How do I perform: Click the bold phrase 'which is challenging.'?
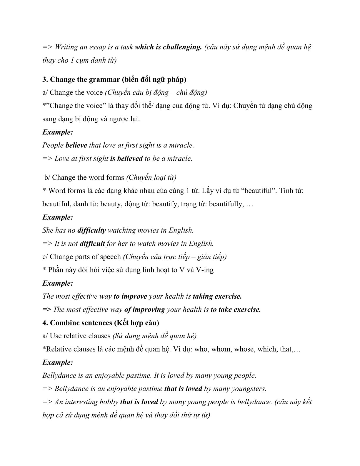(168, 47)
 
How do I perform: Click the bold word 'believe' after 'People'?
(76, 145)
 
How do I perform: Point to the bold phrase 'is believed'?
(126, 158)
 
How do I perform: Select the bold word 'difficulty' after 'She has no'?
(91, 230)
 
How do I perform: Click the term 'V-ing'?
(205, 270)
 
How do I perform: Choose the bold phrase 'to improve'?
(130, 296)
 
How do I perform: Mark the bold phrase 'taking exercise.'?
(217, 296)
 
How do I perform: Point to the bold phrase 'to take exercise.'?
(236, 309)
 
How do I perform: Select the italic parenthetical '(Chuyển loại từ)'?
(151, 177)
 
